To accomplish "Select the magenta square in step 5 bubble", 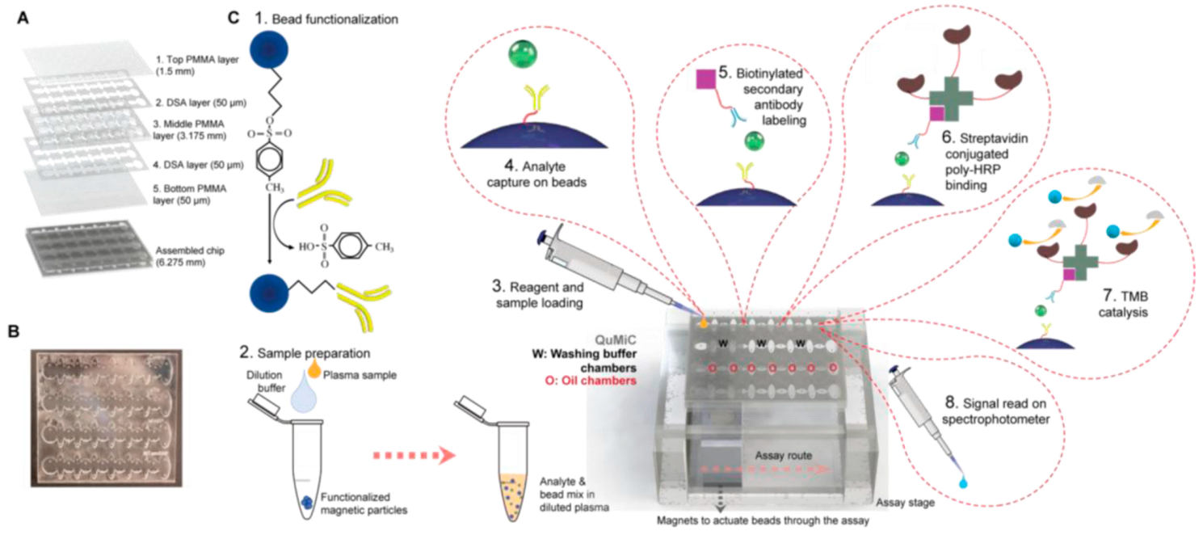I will pos(708,81).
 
